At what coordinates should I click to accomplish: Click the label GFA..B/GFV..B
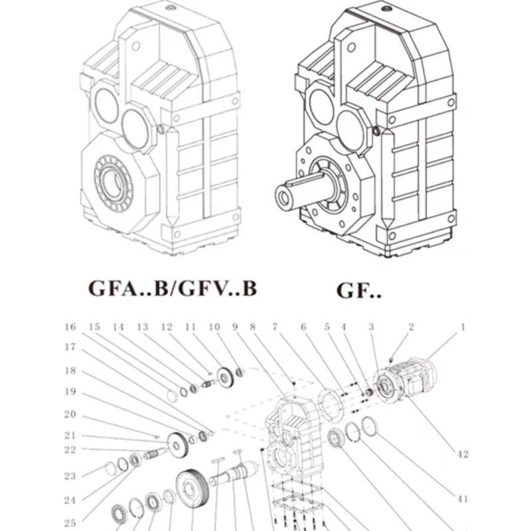pyautogui.click(x=172, y=289)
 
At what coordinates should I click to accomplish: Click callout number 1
pyautogui.click(x=463, y=327)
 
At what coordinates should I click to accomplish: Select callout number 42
pyautogui.click(x=463, y=455)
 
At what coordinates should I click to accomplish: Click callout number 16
pyautogui.click(x=70, y=327)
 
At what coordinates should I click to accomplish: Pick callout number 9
pyautogui.click(x=234, y=327)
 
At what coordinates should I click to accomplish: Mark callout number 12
pyautogui.click(x=166, y=327)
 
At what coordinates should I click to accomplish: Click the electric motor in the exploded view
pyautogui.click(x=406, y=378)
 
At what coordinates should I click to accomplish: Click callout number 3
pyautogui.click(x=371, y=327)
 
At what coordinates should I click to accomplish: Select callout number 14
pyautogui.click(x=118, y=327)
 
